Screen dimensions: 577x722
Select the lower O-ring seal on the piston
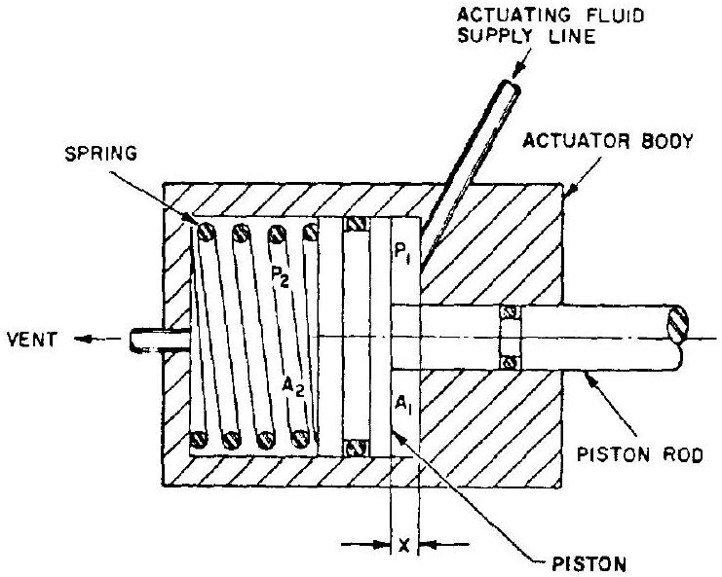[x=355, y=449]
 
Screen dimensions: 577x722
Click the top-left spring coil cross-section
[x=205, y=232]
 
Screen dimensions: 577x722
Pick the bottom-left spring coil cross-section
[x=202, y=440]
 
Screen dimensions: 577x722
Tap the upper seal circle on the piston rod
[x=507, y=313]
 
